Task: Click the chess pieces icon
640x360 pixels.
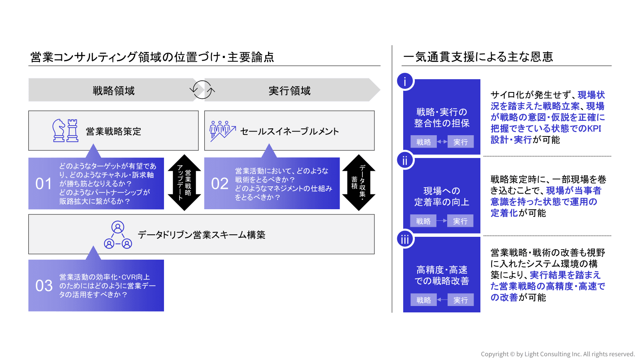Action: coord(65,130)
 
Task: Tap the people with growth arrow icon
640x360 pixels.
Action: coord(222,131)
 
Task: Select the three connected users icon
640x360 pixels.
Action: coord(118,235)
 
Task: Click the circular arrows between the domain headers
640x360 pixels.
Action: coord(202,90)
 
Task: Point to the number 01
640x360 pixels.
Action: coord(44,184)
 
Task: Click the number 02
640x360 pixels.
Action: coord(220,184)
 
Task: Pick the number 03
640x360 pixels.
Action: coord(44,286)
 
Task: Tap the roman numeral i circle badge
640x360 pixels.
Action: coord(405,81)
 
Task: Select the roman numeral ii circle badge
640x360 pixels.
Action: coord(405,160)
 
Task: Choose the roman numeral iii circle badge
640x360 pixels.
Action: coord(405,239)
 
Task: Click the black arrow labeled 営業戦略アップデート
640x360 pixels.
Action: coord(184,183)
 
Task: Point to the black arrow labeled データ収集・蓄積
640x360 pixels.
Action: coord(359,183)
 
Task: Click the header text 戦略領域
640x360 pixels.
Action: coord(114,91)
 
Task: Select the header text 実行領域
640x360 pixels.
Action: coord(290,91)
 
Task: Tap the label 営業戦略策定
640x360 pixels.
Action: coord(114,132)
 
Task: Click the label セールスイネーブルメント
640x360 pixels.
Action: coord(290,132)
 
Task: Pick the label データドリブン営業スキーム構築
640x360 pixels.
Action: coord(202,235)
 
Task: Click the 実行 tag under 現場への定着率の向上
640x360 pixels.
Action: coord(460,221)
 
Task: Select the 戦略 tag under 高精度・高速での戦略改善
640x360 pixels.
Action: coord(424,300)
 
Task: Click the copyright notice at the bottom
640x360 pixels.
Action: coord(558,354)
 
